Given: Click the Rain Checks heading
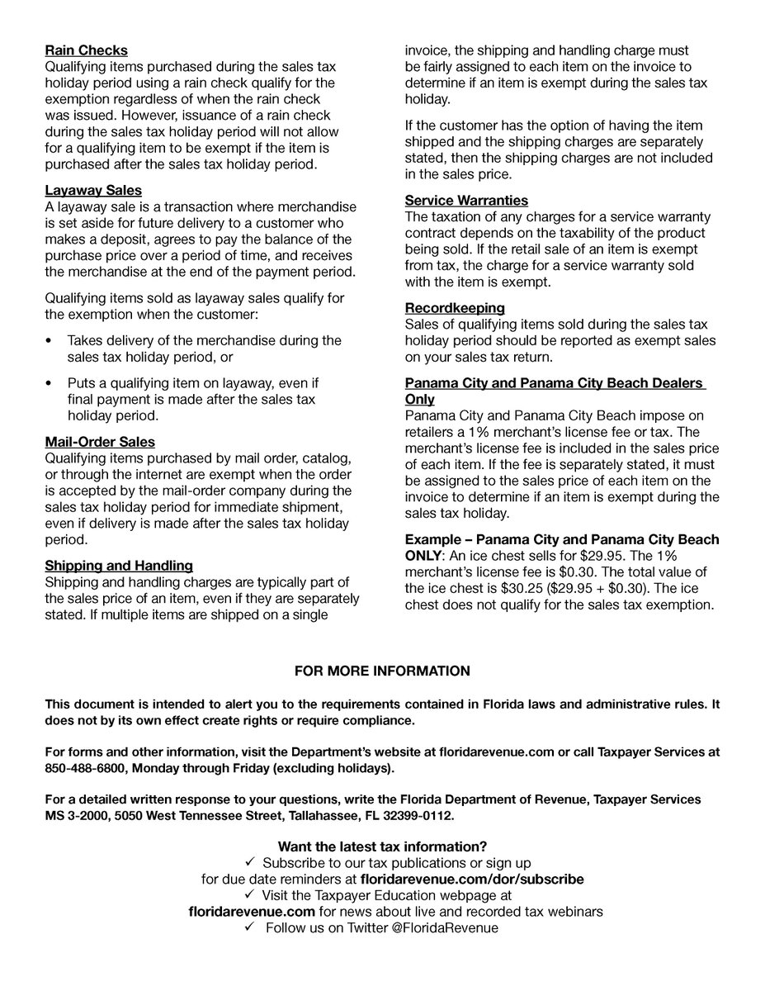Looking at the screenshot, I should click(86, 51).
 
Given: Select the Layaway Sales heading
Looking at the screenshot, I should click(92, 190).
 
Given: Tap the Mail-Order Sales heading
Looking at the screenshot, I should click(99, 442).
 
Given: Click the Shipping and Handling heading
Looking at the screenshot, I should click(119, 566).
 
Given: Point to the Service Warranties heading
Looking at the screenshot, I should click(466, 201).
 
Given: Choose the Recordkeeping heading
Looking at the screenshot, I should click(455, 308).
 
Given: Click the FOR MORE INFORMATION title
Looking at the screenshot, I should click(382, 671).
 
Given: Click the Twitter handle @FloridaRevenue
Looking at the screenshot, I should click(445, 928).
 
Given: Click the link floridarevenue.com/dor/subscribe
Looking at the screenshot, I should click(472, 880).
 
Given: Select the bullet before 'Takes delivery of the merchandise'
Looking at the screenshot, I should click(49, 340).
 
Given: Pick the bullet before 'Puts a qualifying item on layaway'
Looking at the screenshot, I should click(49, 383).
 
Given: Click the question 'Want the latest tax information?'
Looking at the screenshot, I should click(382, 846).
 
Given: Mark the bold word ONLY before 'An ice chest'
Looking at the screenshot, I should click(423, 555).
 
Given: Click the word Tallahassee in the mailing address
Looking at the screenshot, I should click(320, 815).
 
